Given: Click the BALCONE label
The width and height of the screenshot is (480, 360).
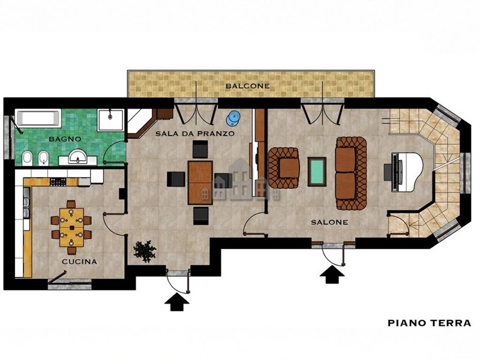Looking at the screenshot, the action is [x=248, y=86].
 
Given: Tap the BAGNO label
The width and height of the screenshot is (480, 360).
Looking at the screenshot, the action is [x=65, y=139].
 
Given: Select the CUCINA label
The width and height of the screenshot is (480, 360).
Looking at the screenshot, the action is [x=79, y=262].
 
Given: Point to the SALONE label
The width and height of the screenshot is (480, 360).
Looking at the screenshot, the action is [x=329, y=222].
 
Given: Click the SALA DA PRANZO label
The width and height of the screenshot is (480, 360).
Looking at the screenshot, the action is [x=195, y=134].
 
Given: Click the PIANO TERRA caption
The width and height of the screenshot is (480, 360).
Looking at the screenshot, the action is [x=429, y=323].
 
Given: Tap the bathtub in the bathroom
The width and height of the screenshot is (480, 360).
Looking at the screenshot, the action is [x=38, y=118].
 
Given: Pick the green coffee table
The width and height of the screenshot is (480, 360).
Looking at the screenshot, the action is [x=317, y=172].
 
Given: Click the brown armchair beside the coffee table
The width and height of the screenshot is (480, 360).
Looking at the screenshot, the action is [x=284, y=168].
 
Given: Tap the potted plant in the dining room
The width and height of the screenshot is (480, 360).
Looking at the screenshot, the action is [x=145, y=251].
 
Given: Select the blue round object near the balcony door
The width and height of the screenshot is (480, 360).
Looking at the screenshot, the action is [x=233, y=118].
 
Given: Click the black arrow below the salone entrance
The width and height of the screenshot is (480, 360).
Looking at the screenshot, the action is [x=332, y=275].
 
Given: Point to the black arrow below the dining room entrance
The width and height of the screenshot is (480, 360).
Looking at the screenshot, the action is [x=176, y=302].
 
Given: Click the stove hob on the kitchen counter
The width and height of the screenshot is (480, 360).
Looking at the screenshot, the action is [x=58, y=182].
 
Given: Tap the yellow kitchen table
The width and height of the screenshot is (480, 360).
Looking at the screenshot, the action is [x=71, y=227].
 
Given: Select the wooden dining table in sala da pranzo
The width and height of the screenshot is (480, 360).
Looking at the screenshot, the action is [x=200, y=183].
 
